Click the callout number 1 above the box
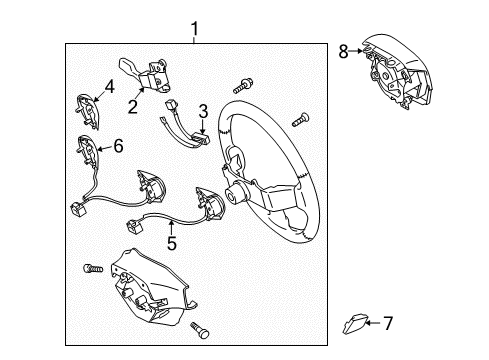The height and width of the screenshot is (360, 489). click(x=195, y=29)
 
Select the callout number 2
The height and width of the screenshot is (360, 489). click(x=133, y=107)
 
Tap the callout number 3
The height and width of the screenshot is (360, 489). click(x=203, y=111)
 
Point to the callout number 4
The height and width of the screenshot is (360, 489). click(x=110, y=86)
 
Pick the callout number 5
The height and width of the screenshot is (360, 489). click(x=172, y=243)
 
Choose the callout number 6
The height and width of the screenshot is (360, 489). click(x=118, y=146)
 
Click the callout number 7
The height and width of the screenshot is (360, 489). click(x=388, y=323)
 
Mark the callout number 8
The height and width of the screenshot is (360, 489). click(x=343, y=52)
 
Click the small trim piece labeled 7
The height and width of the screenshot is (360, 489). click(x=354, y=323)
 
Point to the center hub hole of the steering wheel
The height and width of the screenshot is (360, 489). click(x=231, y=194)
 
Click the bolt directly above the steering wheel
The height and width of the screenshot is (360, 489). click(x=243, y=86)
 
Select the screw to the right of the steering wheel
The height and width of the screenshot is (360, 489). click(x=300, y=120)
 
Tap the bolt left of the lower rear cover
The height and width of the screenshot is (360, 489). click(x=93, y=268)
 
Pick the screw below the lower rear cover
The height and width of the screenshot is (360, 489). click(x=199, y=330)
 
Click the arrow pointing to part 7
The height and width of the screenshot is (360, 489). click(x=373, y=323)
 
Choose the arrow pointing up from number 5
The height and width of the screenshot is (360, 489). click(x=171, y=227)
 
